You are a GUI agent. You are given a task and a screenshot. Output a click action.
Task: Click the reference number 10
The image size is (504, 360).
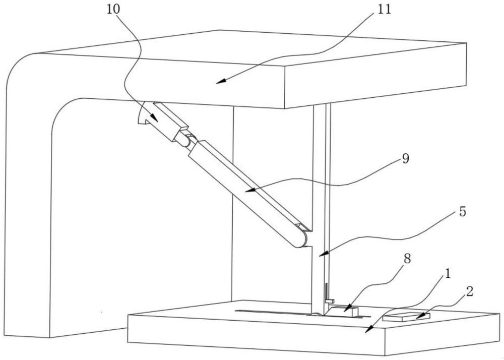113,9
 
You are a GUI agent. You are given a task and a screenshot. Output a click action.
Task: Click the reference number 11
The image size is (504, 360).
385,9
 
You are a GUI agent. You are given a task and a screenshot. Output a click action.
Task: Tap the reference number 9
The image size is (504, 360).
406,158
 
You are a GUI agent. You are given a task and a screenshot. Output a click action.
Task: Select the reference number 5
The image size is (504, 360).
462,212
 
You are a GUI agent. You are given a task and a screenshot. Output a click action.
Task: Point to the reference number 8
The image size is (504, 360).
407,259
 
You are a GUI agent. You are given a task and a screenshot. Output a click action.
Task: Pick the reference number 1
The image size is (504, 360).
447,274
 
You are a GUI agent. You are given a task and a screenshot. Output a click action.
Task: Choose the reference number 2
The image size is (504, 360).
470,292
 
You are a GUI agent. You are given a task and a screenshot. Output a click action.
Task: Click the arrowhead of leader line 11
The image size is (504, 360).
221,82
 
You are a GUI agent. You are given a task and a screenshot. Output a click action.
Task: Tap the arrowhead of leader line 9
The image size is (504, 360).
250,190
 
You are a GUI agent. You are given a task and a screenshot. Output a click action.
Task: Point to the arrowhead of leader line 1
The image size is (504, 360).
369,329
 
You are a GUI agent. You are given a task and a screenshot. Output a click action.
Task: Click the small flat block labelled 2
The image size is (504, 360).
406,317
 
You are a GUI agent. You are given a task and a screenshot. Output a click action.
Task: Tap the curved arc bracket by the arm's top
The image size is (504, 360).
141,115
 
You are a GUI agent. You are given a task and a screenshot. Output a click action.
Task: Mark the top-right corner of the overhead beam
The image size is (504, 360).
466,43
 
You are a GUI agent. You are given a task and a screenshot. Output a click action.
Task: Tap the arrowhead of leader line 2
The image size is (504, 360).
419,317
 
